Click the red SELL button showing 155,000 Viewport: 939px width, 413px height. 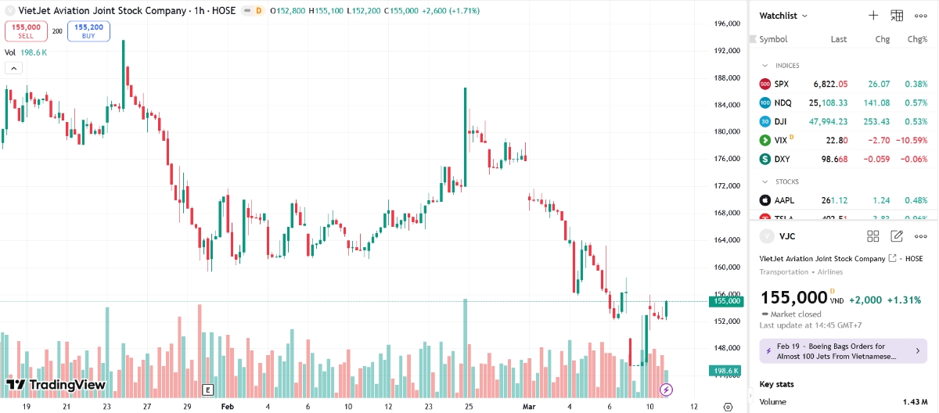[x=26, y=31]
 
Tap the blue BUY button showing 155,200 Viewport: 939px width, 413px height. [x=88, y=31]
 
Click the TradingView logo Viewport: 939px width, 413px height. [x=56, y=385]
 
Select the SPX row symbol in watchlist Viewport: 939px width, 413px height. [x=782, y=84]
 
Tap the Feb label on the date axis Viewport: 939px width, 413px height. [x=228, y=407]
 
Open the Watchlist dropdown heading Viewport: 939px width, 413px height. [x=783, y=16]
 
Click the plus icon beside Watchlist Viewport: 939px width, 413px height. [x=873, y=16]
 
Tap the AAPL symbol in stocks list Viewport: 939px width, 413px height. [x=784, y=200]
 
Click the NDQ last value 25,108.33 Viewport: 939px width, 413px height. [x=828, y=102]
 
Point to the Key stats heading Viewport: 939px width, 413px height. [x=776, y=385]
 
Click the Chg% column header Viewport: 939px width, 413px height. [x=916, y=39]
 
